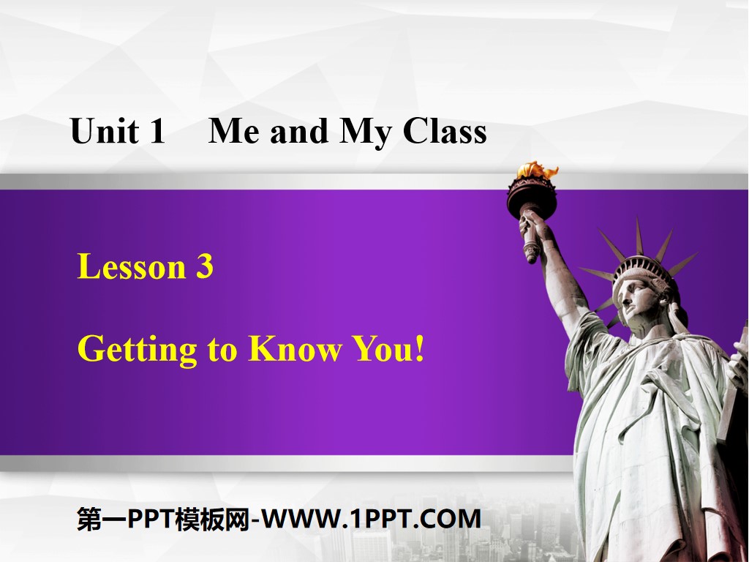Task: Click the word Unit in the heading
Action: [105, 132]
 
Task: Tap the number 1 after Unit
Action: [157, 132]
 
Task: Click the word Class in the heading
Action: [445, 132]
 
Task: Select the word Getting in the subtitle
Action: [137, 351]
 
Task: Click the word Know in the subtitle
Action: [294, 349]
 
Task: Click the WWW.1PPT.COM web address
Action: [372, 519]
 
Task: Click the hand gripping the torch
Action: [532, 228]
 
